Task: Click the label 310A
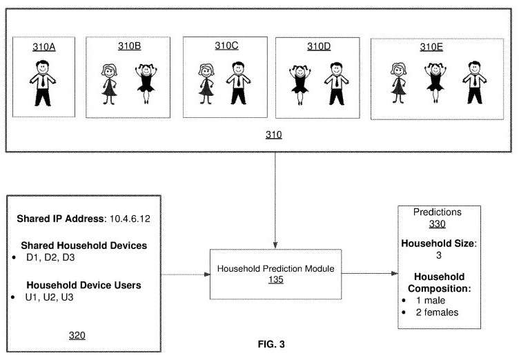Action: [x=43, y=47]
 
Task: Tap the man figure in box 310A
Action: [x=43, y=83]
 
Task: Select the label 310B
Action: [x=130, y=46]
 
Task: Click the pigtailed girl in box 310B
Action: [x=146, y=83]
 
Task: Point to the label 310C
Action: [x=226, y=46]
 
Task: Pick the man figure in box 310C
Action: [x=238, y=83]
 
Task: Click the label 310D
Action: [x=319, y=46]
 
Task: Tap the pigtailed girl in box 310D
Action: [x=300, y=85]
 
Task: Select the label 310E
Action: [x=431, y=47]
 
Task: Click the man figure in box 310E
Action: [x=474, y=82]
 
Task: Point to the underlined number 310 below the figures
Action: [x=274, y=134]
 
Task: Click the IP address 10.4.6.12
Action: [x=130, y=219]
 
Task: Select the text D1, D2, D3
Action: [x=50, y=257]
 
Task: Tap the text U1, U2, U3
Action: [x=49, y=297]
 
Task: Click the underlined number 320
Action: [x=77, y=335]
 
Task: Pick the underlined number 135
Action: [x=276, y=279]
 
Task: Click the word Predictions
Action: [x=438, y=212]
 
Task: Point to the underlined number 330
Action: [x=438, y=224]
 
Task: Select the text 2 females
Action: [x=437, y=312]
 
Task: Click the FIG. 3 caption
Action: [x=271, y=344]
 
